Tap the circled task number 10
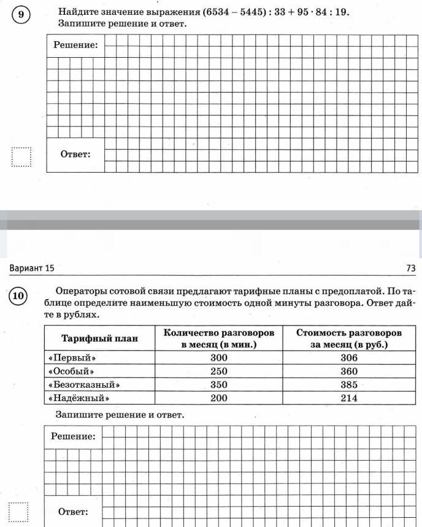pos(18,297)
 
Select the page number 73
pos(410,268)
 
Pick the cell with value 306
pos(349,358)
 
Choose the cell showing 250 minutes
pos(218,372)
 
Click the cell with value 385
pos(349,385)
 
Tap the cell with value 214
pos(349,398)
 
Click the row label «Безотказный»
pos(83,385)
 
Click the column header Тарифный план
pos(100,338)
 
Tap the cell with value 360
pos(349,372)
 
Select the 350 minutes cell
pos(218,385)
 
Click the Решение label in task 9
pos(75,45)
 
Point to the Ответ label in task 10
pos(73,512)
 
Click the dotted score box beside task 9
pos(21,157)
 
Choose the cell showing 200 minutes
pos(218,398)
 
